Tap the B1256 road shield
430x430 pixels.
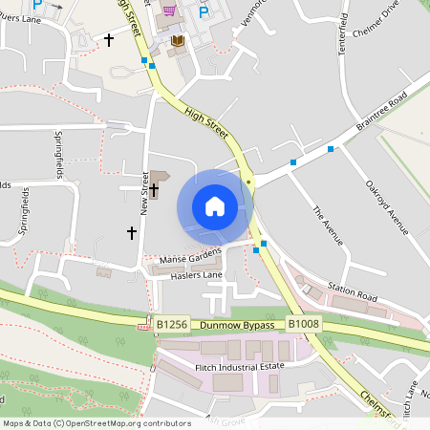tap(172, 325)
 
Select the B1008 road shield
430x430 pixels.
tap(304, 325)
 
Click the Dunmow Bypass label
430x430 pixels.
tap(237, 325)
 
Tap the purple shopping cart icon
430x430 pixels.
tap(170, 11)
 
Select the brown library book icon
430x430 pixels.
tap(177, 41)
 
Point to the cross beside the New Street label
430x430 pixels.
tap(153, 190)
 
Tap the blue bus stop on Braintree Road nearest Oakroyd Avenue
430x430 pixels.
tap(331, 148)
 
